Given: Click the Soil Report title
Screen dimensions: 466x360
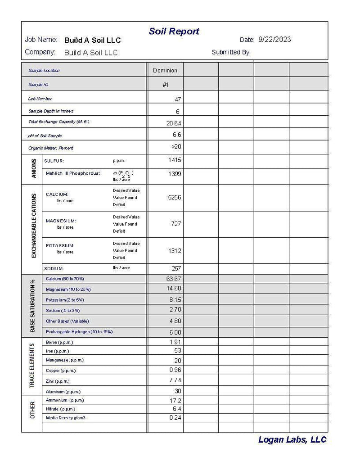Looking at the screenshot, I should [174, 32].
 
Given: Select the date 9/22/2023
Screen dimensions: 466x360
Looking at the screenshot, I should [274, 40].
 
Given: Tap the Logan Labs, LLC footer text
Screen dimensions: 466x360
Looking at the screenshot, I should [292, 440].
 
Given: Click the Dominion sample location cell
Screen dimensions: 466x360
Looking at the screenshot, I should [165, 70].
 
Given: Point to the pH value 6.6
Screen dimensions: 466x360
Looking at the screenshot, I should [177, 135].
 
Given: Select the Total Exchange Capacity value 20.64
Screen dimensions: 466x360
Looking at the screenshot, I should [174, 123].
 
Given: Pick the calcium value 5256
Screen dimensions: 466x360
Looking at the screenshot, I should [175, 197].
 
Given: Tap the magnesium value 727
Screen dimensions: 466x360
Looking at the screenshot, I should [176, 224].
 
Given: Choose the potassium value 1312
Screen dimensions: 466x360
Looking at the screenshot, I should [175, 250].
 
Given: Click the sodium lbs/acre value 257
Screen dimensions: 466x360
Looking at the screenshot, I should [176, 268].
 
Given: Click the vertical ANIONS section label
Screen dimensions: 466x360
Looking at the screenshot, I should [34, 169].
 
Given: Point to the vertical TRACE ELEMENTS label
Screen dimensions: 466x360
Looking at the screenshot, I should [32, 366].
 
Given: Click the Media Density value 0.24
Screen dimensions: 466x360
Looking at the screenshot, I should [175, 417].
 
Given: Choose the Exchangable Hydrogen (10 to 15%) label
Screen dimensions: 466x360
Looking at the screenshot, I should [79, 331].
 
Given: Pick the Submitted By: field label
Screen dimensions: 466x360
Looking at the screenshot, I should [231, 52].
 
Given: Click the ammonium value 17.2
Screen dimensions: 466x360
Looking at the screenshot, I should [175, 400].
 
